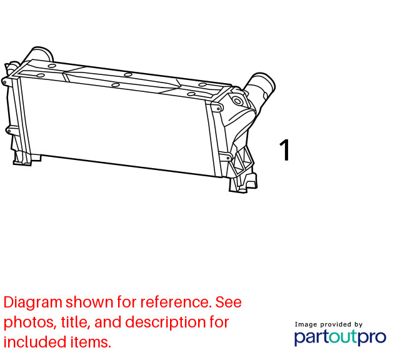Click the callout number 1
point(285,150)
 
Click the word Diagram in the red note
point(33,302)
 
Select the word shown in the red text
point(89,302)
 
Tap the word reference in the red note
point(176,302)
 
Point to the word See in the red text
point(228,302)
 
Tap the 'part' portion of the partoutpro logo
point(311,337)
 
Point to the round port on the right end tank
point(237,101)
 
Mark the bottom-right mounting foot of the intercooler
point(243,183)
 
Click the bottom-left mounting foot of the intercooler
point(26,159)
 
